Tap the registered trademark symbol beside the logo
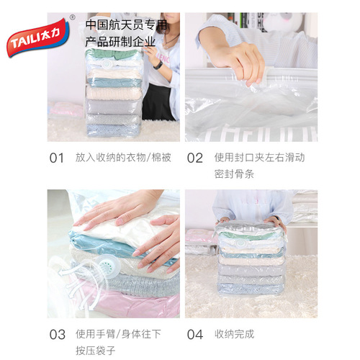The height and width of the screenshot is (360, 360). pyautogui.click(x=72, y=17)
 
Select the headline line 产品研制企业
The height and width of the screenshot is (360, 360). pyautogui.click(x=120, y=42)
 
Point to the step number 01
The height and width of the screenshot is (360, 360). pyautogui.click(x=57, y=158)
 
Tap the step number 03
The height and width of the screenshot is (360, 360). pyautogui.click(x=57, y=335)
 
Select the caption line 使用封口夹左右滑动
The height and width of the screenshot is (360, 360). pyautogui.click(x=258, y=158)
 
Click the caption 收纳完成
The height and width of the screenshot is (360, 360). pyautogui.click(x=234, y=335)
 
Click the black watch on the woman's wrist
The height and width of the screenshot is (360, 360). pyautogui.click(x=158, y=64)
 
